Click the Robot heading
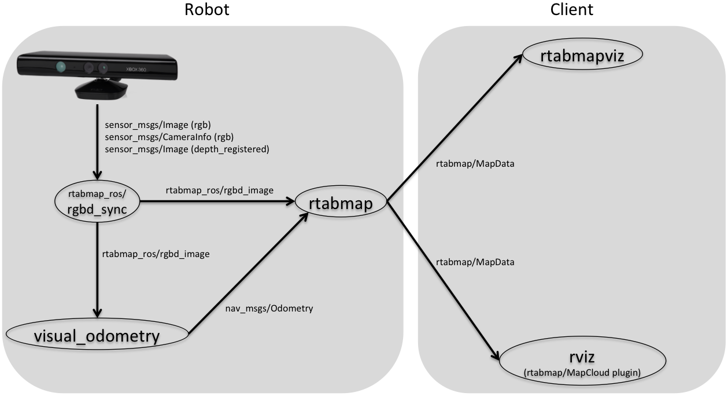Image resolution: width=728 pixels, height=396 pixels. [x=206, y=10]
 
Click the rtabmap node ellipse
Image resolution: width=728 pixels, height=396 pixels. [x=341, y=202]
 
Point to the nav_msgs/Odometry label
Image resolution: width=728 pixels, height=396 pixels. [x=269, y=309]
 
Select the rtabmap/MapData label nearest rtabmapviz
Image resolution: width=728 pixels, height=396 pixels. [x=475, y=164]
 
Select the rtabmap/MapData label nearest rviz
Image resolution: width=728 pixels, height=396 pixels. [x=475, y=262]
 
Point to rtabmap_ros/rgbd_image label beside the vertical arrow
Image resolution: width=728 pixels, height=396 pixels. [x=156, y=253]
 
